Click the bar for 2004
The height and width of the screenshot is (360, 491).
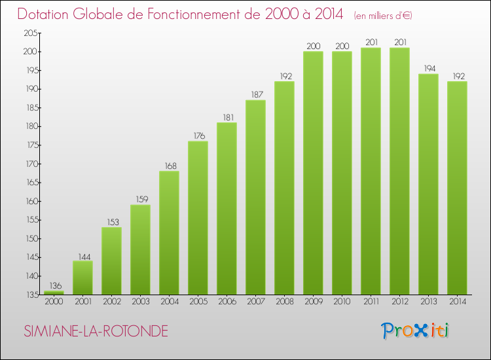(169, 232)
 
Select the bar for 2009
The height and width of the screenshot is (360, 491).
(313, 173)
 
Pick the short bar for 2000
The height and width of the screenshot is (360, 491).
(54, 293)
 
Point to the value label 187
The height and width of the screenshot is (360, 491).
(255, 94)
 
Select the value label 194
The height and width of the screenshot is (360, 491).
(428, 67)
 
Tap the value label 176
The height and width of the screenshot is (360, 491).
(198, 135)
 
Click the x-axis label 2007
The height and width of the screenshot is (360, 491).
(255, 302)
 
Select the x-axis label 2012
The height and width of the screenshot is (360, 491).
(399, 302)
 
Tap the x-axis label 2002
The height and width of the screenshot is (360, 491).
(111, 302)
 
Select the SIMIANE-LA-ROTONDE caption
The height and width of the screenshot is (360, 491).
(96, 331)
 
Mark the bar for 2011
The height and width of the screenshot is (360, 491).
(371, 171)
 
